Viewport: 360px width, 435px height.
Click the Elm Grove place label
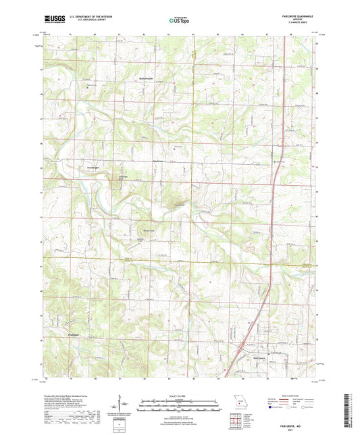point(159,161)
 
